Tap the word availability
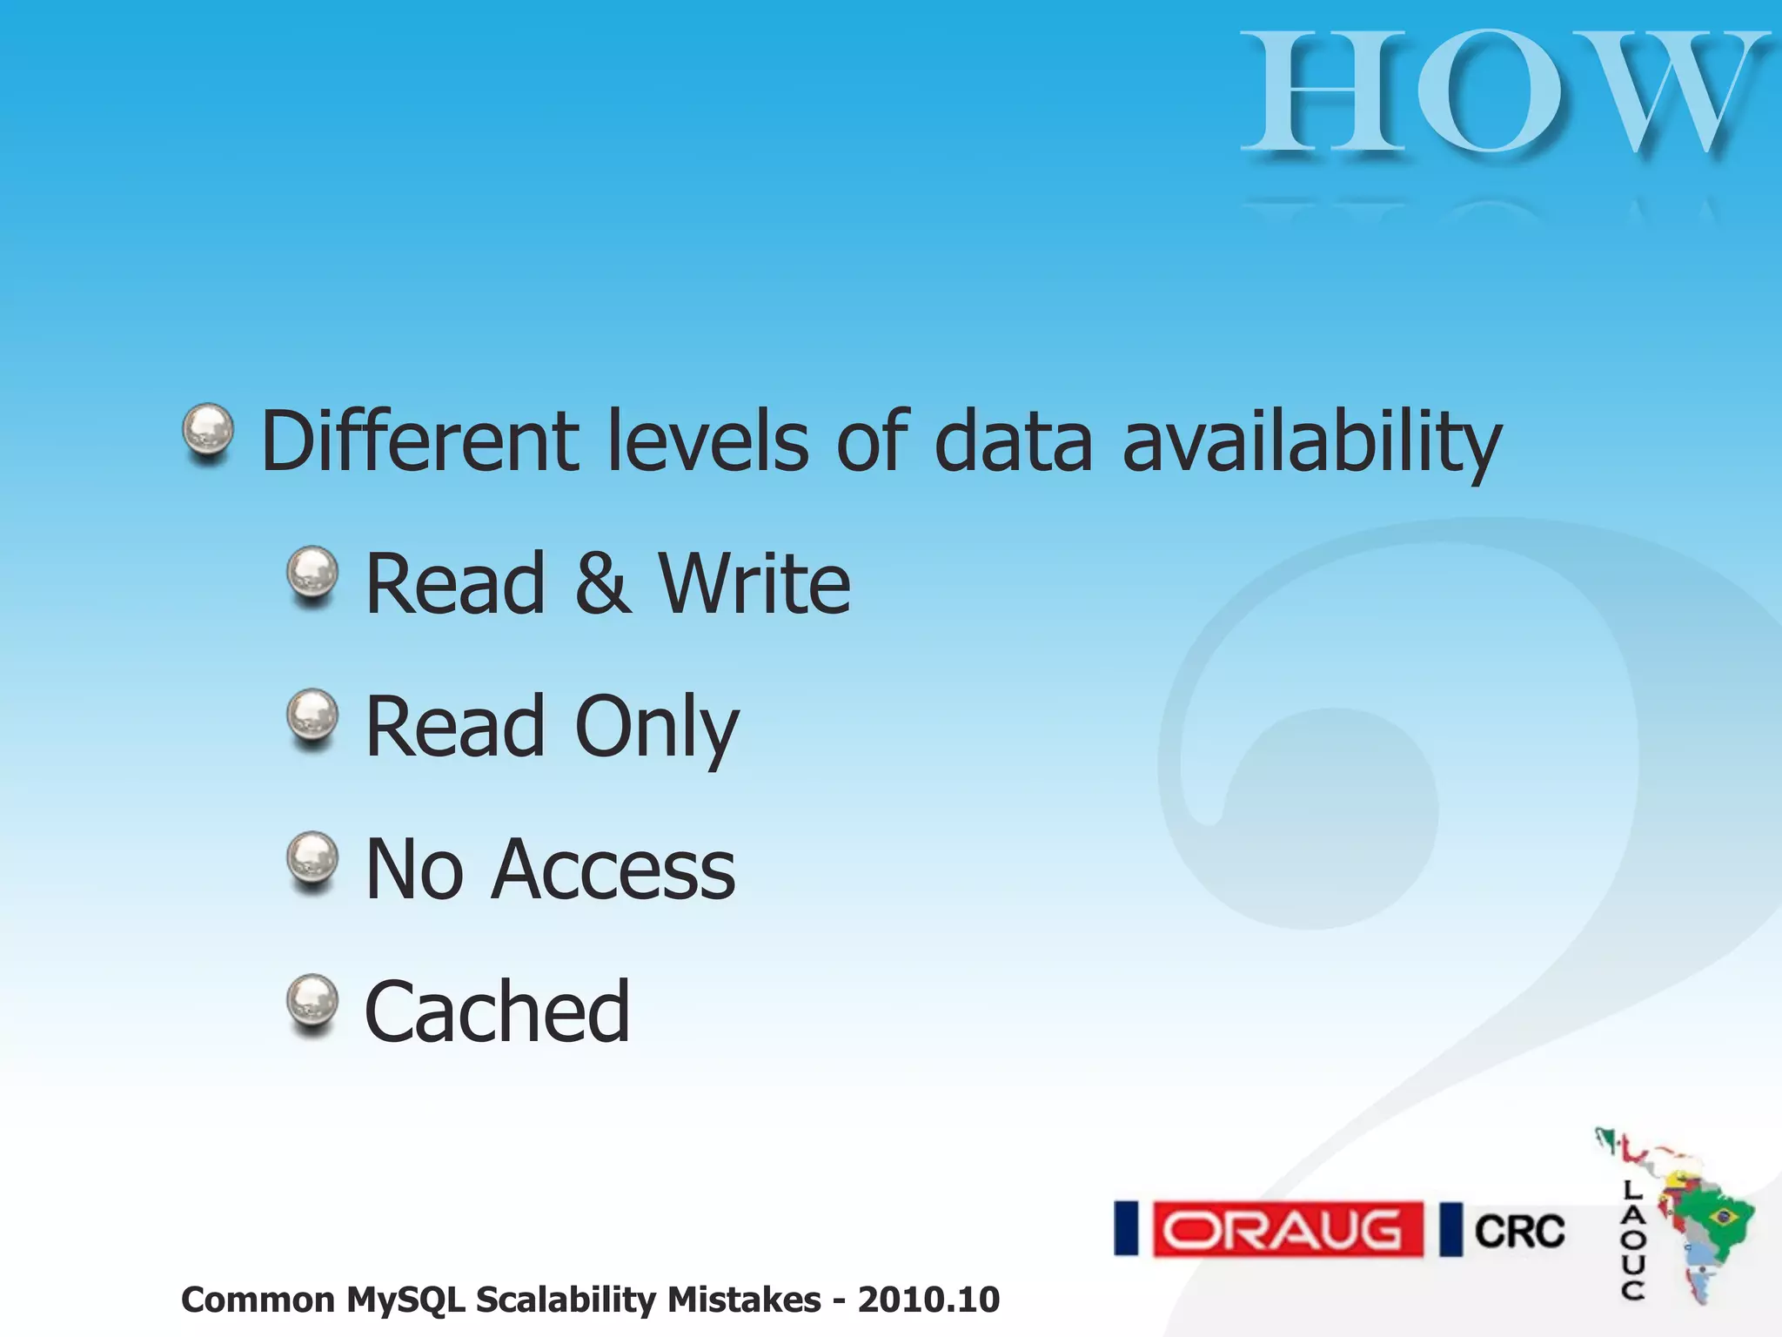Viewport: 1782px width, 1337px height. (x=1311, y=442)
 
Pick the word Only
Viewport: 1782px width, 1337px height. (x=656, y=728)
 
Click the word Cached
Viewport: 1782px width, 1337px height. (x=497, y=1011)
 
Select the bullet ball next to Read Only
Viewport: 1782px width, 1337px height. (x=312, y=716)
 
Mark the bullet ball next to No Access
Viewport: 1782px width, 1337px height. (x=312, y=858)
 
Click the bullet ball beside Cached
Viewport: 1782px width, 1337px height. (x=312, y=1001)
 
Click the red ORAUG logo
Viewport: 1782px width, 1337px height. (x=1287, y=1229)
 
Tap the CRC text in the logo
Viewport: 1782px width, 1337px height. (x=1519, y=1231)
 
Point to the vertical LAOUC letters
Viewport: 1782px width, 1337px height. (x=1632, y=1240)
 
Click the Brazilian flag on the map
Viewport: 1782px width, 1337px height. (x=1722, y=1215)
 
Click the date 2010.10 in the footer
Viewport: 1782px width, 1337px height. (x=928, y=1300)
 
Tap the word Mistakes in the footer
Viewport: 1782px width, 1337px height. (x=744, y=1300)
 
